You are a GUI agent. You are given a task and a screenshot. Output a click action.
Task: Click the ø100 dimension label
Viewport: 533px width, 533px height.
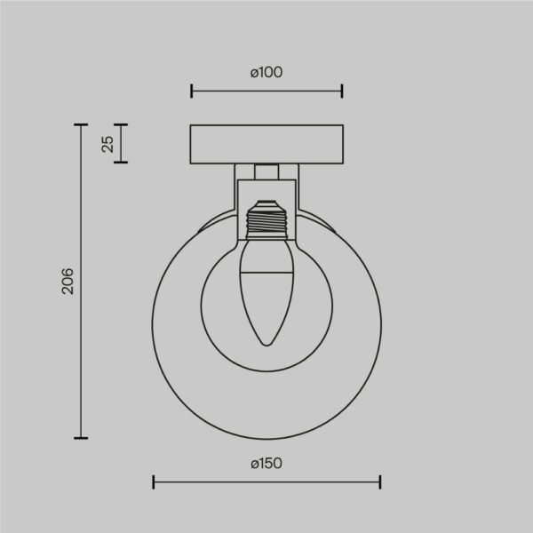click(x=266, y=73)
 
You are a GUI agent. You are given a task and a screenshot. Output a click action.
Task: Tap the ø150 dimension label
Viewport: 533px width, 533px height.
click(x=266, y=463)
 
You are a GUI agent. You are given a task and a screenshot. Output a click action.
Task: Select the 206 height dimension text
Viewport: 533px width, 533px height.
click(x=68, y=281)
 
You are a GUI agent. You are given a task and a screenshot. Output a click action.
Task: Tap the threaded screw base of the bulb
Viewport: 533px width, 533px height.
click(x=266, y=219)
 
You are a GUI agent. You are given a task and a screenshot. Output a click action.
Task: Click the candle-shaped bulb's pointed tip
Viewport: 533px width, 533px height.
click(x=266, y=345)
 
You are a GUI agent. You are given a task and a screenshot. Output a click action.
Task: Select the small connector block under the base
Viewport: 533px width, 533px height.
click(x=266, y=171)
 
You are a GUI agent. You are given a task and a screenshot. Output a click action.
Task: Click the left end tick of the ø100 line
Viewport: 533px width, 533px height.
click(x=192, y=90)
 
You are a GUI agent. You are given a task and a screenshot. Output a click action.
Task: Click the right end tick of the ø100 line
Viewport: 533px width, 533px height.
click(x=342, y=90)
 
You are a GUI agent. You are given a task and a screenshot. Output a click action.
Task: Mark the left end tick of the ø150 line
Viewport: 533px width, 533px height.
click(x=154, y=481)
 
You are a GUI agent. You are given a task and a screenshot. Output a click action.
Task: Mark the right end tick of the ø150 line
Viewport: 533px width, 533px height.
click(x=380, y=481)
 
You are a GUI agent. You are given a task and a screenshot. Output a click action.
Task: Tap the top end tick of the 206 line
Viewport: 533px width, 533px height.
click(x=81, y=125)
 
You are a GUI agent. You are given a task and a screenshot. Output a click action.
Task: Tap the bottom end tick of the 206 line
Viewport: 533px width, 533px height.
click(x=81, y=437)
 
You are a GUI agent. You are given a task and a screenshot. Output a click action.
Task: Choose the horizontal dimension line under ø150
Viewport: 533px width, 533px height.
click(x=266, y=481)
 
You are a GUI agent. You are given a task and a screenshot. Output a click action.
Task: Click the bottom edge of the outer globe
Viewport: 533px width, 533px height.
click(x=266, y=437)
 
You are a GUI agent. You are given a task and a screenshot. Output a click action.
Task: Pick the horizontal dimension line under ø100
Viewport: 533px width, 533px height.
click(x=266, y=90)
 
